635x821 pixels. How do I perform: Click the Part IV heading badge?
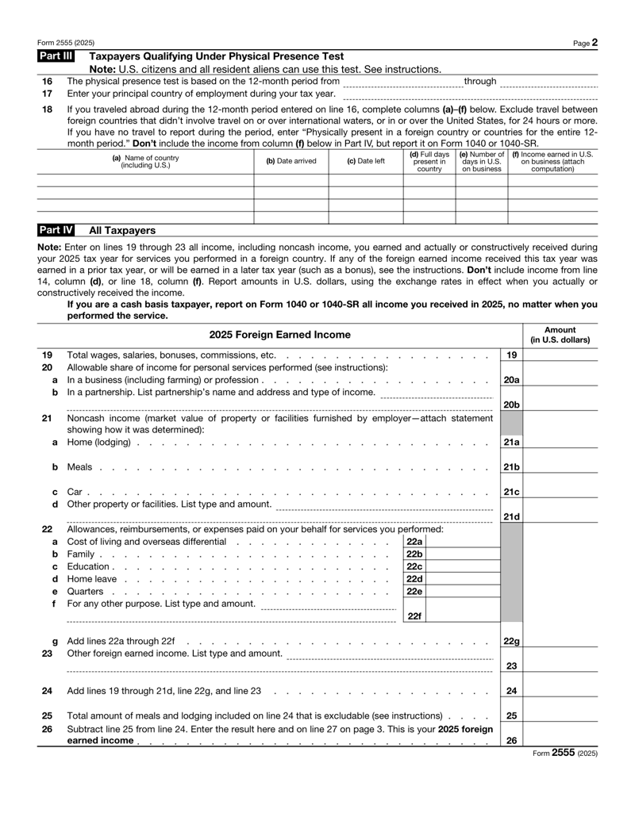[x=56, y=230]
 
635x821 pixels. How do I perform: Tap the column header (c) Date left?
[x=366, y=161]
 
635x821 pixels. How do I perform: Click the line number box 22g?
[x=512, y=640]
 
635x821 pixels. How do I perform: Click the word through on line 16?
[x=479, y=81]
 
